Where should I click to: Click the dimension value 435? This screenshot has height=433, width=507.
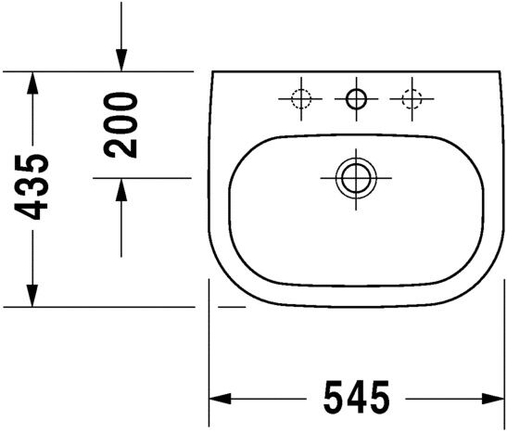35,189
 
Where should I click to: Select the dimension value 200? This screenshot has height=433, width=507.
120,124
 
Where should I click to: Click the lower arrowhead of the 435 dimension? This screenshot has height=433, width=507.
33,294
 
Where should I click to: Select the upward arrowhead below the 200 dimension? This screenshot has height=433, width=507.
120,190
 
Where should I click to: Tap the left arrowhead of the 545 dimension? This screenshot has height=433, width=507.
221,399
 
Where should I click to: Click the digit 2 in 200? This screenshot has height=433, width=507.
120,145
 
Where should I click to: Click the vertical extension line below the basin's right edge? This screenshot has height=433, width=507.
494,352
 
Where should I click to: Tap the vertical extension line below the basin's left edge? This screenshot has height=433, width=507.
209,352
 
